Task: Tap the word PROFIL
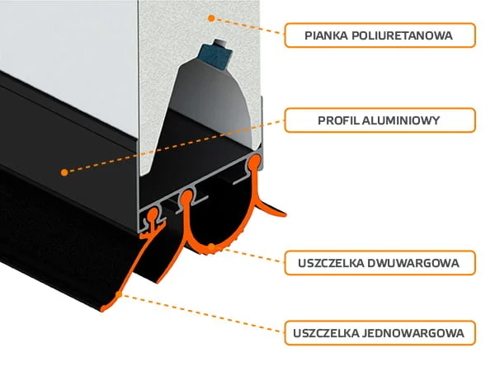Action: tap(337, 120)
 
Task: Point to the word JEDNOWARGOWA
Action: tap(413, 333)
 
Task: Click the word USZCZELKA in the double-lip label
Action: tap(331, 263)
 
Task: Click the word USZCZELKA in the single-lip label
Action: tap(326, 333)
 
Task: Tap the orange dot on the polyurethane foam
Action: tap(211, 18)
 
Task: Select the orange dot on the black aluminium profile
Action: tap(64, 172)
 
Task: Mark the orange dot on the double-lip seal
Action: tap(212, 247)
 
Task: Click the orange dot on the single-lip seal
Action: tap(119, 294)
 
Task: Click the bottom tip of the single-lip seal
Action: tap(102, 311)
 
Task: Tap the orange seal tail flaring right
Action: tap(271, 209)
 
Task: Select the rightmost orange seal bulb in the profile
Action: tap(254, 162)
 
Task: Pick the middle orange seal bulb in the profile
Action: tap(186, 197)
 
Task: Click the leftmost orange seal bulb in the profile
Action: tap(153, 214)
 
